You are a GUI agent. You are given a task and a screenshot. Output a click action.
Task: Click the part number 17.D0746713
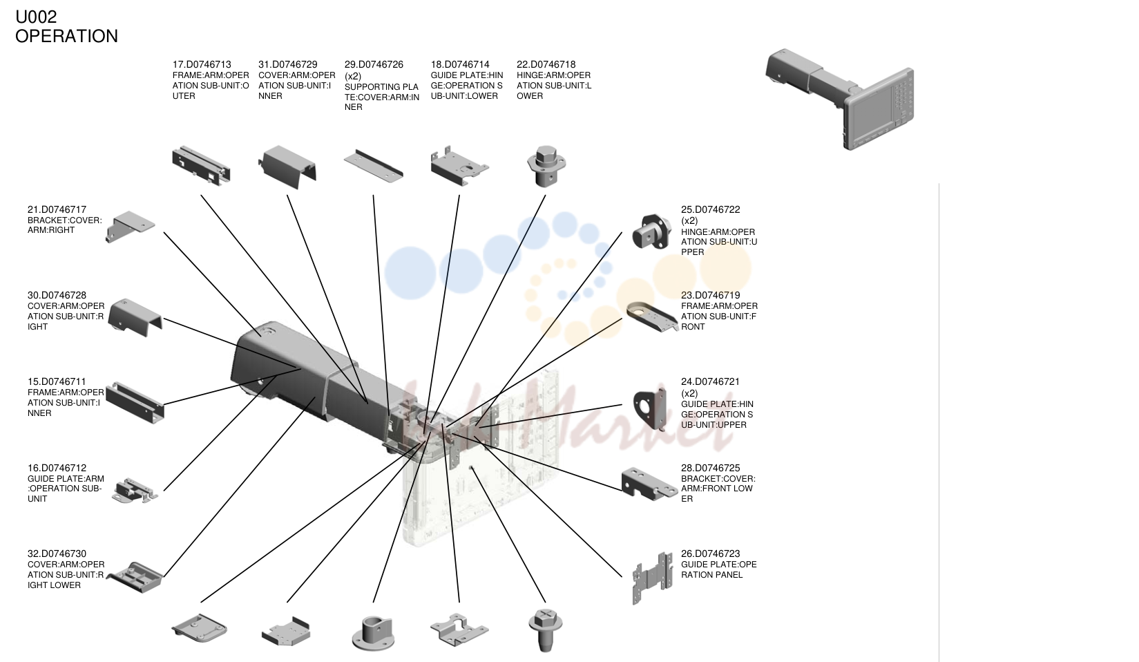202,65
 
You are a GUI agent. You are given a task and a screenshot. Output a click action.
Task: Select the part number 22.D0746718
546,65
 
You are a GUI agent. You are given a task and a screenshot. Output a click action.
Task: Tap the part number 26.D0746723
710,554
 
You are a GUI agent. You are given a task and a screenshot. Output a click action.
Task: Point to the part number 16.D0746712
57,468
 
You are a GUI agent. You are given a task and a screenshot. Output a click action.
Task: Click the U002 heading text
36,17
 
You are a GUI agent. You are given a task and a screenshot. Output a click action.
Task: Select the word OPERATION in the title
66,36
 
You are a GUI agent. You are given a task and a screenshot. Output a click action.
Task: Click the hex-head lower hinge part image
546,166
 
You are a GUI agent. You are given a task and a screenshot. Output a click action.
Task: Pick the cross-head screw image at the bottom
546,629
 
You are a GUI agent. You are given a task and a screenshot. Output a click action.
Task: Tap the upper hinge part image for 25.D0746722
651,231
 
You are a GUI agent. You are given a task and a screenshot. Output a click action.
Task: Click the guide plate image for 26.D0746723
652,578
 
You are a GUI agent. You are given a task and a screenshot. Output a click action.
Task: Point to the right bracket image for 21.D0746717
130,227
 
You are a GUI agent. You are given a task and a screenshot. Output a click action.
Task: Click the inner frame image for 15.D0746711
135,402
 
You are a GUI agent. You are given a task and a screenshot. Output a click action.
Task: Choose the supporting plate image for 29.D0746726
374,165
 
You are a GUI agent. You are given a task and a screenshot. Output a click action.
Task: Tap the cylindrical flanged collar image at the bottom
373,633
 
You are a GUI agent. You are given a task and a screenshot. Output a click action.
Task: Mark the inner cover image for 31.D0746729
288,167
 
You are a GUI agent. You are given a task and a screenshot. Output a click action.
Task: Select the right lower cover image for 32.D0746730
135,577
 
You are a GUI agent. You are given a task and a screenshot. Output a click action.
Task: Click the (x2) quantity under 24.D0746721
689,393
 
